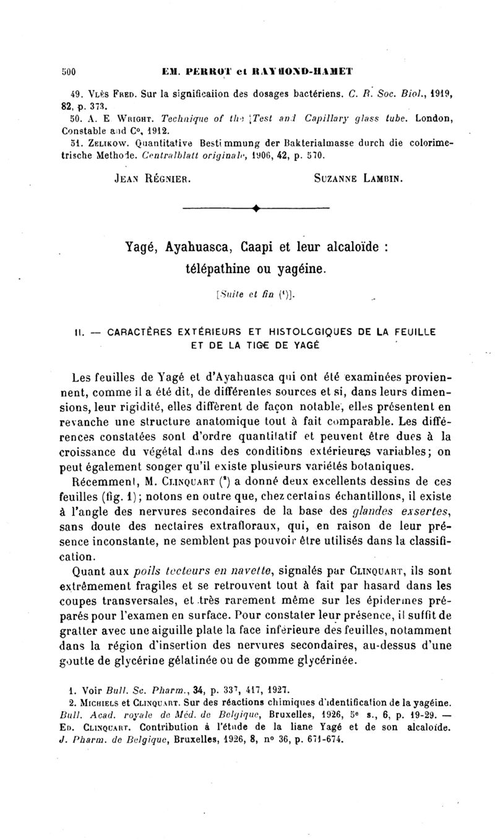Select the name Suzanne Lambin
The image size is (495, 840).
tap(359, 179)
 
